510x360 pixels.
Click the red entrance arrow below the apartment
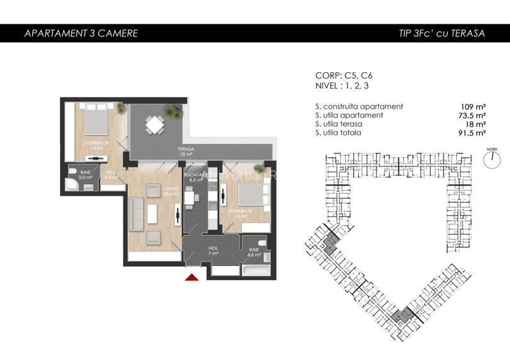(x=191, y=276)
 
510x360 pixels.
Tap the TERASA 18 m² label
(x=186, y=152)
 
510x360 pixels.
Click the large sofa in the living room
(x=135, y=214)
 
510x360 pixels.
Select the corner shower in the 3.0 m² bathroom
(x=72, y=185)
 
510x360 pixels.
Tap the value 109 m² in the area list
(x=473, y=106)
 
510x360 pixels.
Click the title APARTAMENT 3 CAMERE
(x=80, y=33)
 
